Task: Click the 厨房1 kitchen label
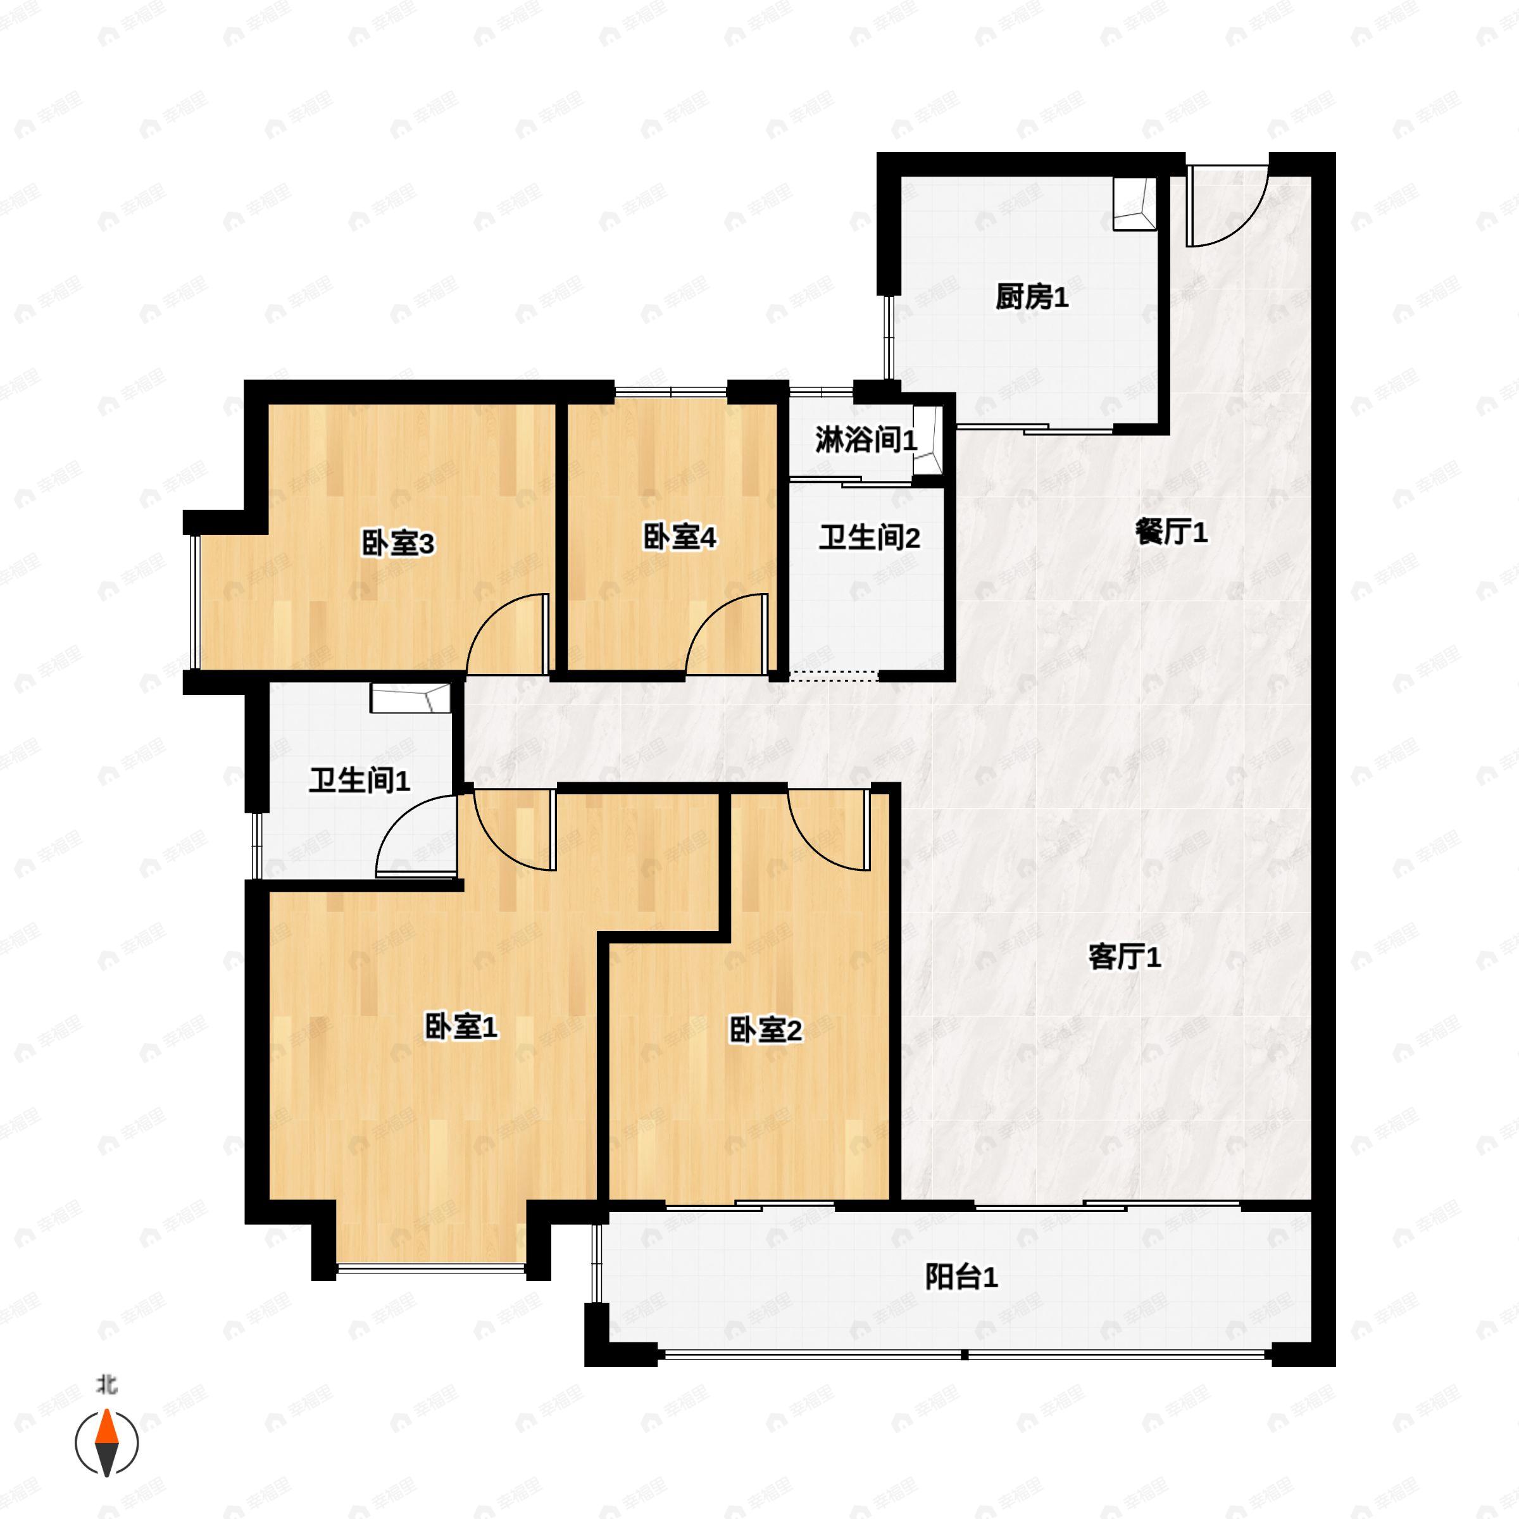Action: pos(1032,298)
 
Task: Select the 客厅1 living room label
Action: pos(1124,958)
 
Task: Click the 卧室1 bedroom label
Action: pos(461,1027)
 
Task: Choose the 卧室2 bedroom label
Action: pos(766,1031)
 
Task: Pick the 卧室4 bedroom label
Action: pos(679,539)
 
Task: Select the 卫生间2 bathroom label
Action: pos(869,539)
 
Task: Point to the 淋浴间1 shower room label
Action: pos(865,441)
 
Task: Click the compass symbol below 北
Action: pos(107,1443)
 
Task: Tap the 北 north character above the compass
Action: pos(107,1385)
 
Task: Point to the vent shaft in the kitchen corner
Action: pos(1135,204)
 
